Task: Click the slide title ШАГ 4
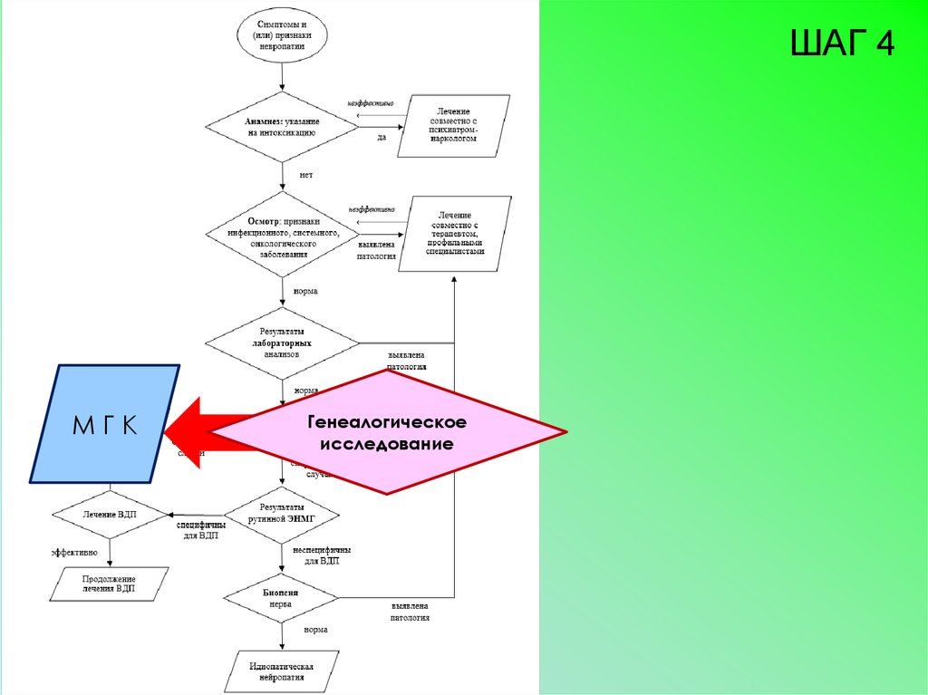pyautogui.click(x=842, y=43)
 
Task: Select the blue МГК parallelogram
pyautogui.click(x=104, y=423)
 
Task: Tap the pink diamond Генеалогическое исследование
pyautogui.click(x=387, y=433)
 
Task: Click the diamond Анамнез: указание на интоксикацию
pyautogui.click(x=281, y=126)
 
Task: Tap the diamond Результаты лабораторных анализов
pyautogui.click(x=282, y=343)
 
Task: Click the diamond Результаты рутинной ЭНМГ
pyautogui.click(x=282, y=513)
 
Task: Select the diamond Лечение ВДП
pyautogui.click(x=109, y=514)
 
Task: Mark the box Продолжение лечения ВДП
pyautogui.click(x=109, y=584)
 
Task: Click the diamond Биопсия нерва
pyautogui.click(x=281, y=597)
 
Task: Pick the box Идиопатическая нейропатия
pyautogui.click(x=281, y=671)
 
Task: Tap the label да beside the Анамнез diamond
pyautogui.click(x=382, y=138)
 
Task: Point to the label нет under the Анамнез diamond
pyautogui.click(x=305, y=175)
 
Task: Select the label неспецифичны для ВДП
pyautogui.click(x=322, y=555)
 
